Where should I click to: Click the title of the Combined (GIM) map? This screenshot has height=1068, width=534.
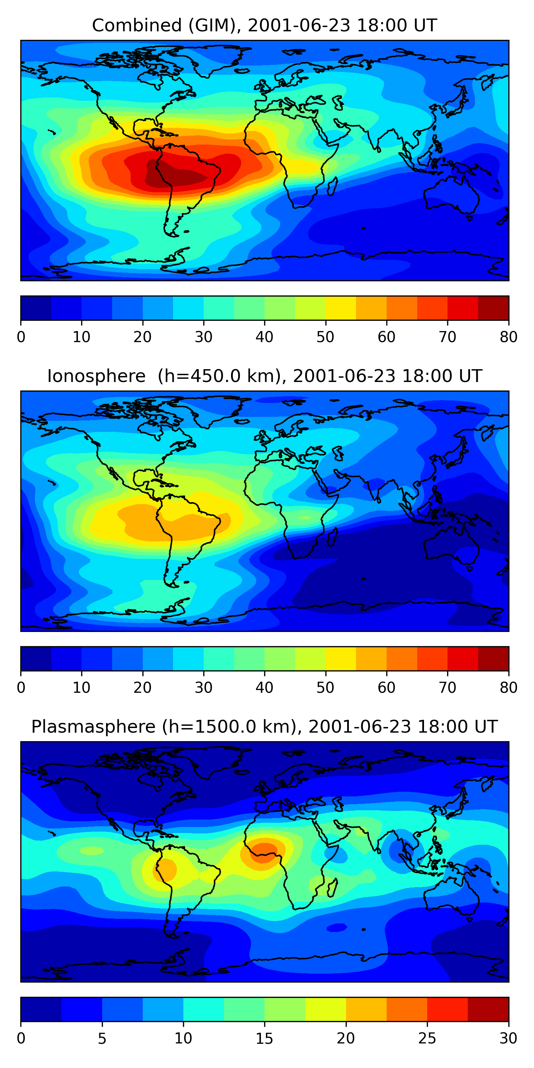tap(264, 25)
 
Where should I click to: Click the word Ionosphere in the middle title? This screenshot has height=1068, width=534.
tap(96, 376)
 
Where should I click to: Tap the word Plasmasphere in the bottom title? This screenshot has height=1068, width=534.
tap(93, 727)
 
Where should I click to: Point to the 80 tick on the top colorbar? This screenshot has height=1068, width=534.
tap(508, 337)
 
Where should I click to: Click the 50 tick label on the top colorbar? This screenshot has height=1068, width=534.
tap(325, 337)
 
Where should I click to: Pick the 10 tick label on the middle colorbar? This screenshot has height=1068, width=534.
tap(81, 687)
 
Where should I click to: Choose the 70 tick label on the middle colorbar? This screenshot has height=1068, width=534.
tap(447, 687)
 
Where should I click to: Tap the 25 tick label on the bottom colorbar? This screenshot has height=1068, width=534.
tap(427, 1038)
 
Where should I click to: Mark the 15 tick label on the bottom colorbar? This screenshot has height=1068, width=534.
tap(265, 1038)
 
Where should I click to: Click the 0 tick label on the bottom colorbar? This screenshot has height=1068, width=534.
tap(21, 1038)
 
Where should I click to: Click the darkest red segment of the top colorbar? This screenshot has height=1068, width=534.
tap(493, 308)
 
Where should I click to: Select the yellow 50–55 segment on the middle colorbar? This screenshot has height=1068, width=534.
tap(340, 658)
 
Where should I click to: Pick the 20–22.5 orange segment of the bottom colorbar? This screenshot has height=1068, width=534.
tap(366, 1009)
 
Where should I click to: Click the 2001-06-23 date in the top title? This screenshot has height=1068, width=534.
tap(299, 25)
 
